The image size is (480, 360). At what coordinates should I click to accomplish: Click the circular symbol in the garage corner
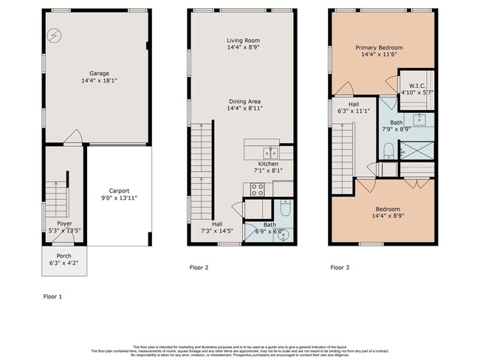pyautogui.click(x=54, y=35)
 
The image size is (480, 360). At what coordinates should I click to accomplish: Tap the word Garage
pyautogui.click(x=100, y=74)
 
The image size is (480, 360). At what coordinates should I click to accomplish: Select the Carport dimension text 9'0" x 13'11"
pyautogui.click(x=120, y=198)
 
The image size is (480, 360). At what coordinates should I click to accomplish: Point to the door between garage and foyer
pyautogui.click(x=72, y=137)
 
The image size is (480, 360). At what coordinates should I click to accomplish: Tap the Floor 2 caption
pyautogui.click(x=197, y=267)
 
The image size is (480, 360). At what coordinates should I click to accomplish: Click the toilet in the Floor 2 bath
pyautogui.click(x=286, y=208)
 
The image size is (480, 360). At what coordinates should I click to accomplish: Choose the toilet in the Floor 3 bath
pyautogui.click(x=389, y=151)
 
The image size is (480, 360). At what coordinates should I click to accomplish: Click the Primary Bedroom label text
pyautogui.click(x=382, y=46)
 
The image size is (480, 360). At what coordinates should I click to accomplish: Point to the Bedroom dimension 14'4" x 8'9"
pyautogui.click(x=382, y=216)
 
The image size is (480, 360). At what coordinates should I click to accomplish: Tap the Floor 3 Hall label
pyautogui.click(x=348, y=105)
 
